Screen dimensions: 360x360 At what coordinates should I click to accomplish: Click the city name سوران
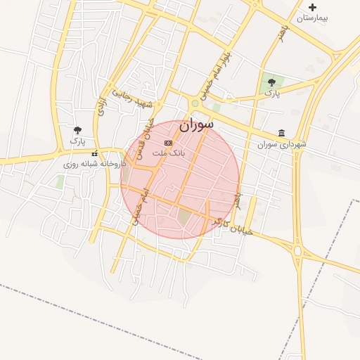[x=196, y=127]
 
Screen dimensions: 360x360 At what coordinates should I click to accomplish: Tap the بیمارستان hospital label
[x=313, y=18]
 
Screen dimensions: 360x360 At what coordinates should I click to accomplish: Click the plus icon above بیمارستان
[x=313, y=8]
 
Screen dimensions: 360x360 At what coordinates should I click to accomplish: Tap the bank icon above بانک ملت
[x=167, y=143]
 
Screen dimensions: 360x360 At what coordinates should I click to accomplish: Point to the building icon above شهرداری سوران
[x=282, y=133]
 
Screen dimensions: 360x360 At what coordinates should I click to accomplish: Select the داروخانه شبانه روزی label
[x=95, y=163]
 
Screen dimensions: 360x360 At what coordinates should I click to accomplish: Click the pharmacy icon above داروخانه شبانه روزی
[x=94, y=153]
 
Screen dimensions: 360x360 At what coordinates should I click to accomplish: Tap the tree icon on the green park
[x=271, y=82]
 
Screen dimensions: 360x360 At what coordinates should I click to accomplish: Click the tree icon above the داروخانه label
[x=77, y=130]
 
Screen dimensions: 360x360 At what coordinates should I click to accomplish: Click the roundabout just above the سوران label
[x=195, y=104]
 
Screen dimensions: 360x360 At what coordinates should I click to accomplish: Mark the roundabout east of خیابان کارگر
[x=297, y=251]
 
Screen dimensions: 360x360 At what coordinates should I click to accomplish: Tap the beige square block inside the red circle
[x=184, y=217]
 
